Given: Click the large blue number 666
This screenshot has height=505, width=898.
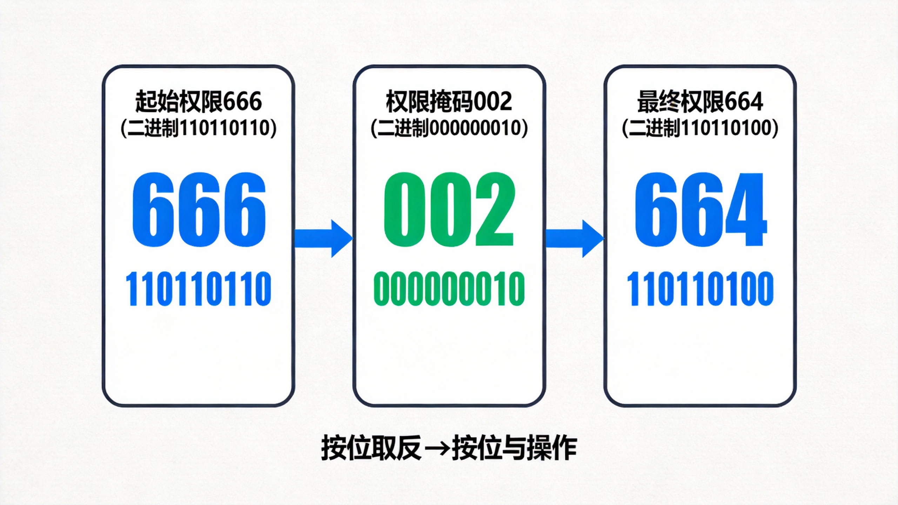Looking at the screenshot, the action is (x=199, y=209).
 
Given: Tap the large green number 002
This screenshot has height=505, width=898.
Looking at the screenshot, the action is (x=449, y=209).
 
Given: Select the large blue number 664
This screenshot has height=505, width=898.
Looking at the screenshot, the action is (x=700, y=209).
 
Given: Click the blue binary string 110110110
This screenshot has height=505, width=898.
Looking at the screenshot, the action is (x=199, y=289).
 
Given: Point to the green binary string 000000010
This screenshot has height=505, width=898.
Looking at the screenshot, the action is (x=449, y=289).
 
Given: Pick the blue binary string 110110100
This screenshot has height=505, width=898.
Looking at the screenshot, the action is (x=700, y=289).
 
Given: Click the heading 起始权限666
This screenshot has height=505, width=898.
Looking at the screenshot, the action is (x=199, y=102).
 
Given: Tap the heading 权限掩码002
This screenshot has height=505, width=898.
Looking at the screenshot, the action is (x=449, y=102).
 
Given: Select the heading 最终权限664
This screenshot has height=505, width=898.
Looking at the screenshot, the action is (x=700, y=102).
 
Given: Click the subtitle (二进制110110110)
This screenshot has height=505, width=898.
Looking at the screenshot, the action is (x=199, y=128).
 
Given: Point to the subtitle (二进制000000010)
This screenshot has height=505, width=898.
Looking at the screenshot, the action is (x=449, y=128).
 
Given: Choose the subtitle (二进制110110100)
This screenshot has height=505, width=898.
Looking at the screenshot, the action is (x=700, y=128).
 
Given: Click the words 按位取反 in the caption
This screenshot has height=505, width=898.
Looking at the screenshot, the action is (x=371, y=448).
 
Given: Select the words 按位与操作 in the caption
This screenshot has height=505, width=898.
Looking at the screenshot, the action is (x=514, y=448).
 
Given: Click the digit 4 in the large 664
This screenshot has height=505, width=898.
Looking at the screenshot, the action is (x=747, y=209).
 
